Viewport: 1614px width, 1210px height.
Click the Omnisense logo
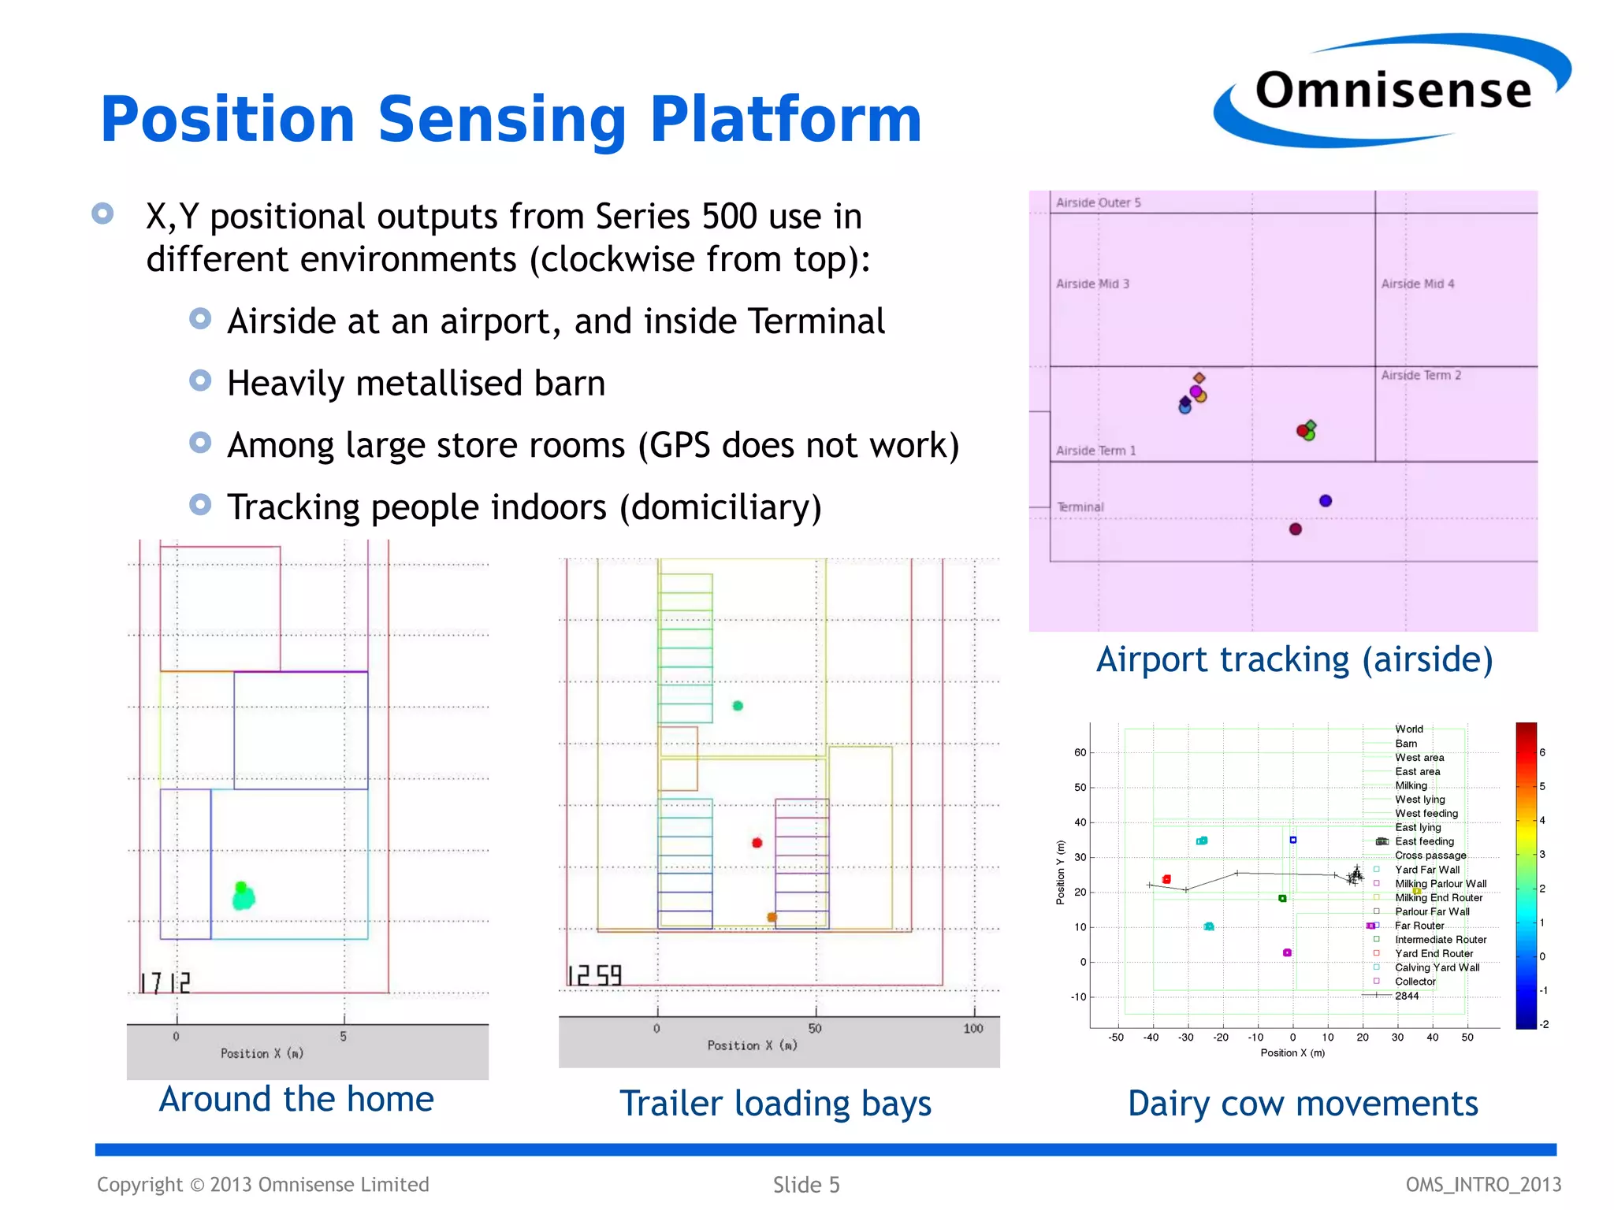pos(1392,91)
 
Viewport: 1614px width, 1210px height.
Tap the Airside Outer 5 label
pos(1098,202)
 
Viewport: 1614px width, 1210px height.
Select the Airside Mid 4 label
pos(1417,284)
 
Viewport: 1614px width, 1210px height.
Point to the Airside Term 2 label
pos(1420,375)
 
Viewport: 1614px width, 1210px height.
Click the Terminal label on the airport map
pos(1080,507)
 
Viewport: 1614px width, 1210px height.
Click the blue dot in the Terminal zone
pos(1325,500)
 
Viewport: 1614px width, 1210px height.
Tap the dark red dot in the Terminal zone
pos(1295,529)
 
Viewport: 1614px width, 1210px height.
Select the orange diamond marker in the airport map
pos(1199,378)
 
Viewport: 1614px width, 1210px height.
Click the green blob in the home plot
pos(243,896)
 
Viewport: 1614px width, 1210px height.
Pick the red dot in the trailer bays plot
pos(757,843)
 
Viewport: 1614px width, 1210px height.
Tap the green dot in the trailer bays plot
pos(738,706)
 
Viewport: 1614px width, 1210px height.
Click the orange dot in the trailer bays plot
pos(772,917)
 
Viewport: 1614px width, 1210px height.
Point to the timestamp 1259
pos(595,976)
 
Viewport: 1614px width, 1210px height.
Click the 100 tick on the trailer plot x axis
pos(973,1028)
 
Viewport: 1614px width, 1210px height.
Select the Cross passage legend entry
pos(1430,856)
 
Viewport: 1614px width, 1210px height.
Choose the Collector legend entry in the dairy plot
pos(1415,982)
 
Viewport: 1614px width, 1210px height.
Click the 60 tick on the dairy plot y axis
pos(1080,752)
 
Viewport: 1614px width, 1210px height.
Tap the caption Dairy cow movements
pos(1302,1104)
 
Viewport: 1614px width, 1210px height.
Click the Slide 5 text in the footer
pos(805,1185)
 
